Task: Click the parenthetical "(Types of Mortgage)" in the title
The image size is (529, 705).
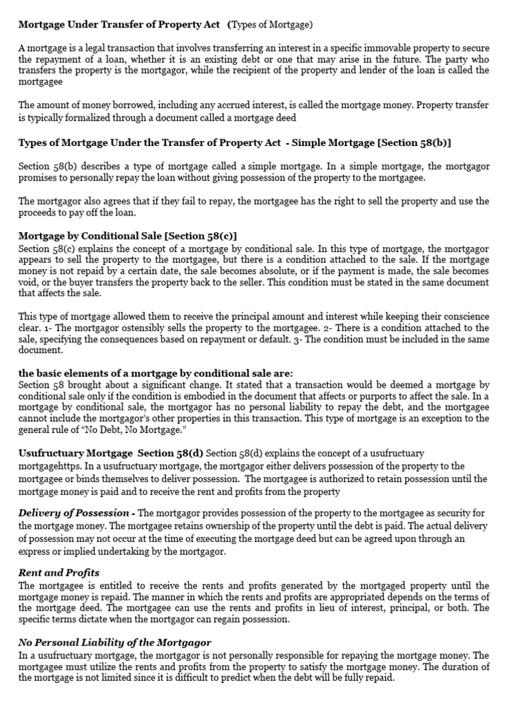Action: pos(270,25)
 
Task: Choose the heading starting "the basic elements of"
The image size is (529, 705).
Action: pos(156,373)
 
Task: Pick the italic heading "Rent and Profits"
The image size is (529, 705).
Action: pos(59,573)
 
